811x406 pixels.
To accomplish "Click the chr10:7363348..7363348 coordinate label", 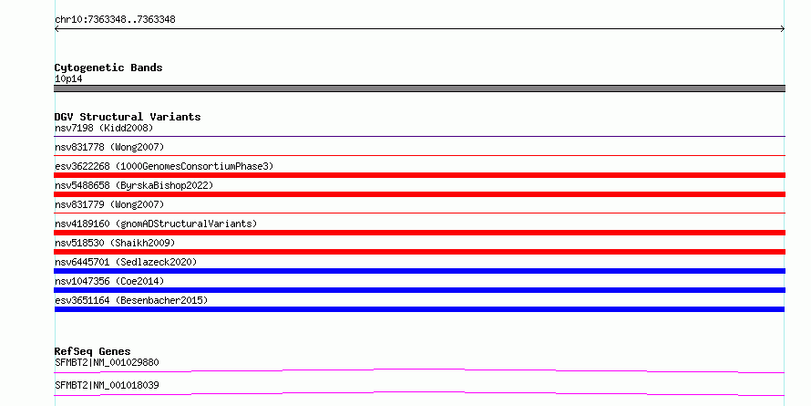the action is [x=115, y=20].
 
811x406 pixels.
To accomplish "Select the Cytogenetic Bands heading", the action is [x=108, y=68].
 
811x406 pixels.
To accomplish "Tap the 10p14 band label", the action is [x=68, y=79].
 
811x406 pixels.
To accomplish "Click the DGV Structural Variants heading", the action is [x=128, y=117].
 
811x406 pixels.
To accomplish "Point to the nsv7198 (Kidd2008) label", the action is [x=104, y=128].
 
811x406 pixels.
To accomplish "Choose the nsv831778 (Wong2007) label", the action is [x=109, y=147].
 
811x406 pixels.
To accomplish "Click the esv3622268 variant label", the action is [x=164, y=166].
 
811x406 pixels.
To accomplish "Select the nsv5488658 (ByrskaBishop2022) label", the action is [x=134, y=185].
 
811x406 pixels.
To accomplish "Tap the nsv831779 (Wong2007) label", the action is [x=109, y=204].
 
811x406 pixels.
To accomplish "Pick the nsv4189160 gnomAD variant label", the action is [x=156, y=224].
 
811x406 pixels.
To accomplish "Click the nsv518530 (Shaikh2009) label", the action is [x=115, y=243].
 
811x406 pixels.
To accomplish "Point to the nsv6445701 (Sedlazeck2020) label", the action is [x=126, y=262].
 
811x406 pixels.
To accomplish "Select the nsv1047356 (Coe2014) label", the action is [x=109, y=281].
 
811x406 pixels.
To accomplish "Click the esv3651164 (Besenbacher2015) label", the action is [x=131, y=300].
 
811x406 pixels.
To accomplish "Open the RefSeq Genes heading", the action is [x=93, y=351].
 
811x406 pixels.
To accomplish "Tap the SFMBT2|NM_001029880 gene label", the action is [x=107, y=362].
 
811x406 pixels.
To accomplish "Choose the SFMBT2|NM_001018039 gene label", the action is [x=107, y=385].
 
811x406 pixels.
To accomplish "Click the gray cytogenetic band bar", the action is [x=419, y=88].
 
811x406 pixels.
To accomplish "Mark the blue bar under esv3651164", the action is [x=419, y=309].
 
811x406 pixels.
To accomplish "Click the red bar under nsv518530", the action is [x=419, y=252].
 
